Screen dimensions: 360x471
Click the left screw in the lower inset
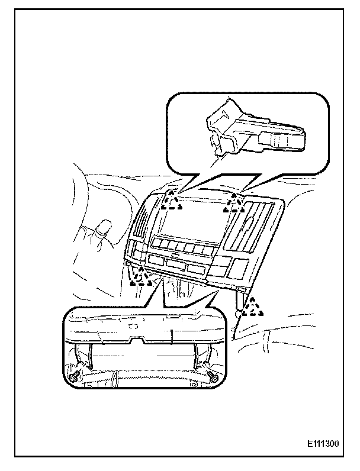pos(74,377)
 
